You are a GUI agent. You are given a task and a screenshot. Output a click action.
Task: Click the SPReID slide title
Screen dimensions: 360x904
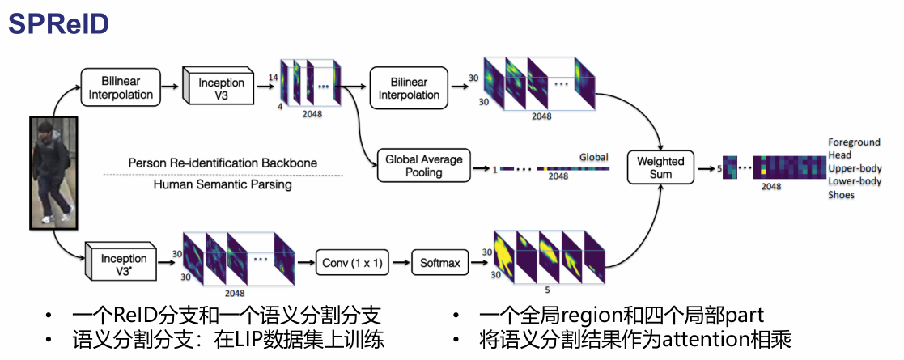coord(59,24)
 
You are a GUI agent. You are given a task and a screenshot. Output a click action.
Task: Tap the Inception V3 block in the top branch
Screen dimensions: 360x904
coord(220,89)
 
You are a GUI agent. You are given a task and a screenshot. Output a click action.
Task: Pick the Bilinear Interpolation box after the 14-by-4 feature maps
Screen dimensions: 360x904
coord(409,88)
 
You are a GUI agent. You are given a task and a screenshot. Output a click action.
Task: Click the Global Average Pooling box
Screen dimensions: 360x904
coord(423,166)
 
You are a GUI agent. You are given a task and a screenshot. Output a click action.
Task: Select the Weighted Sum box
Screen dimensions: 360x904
coord(660,167)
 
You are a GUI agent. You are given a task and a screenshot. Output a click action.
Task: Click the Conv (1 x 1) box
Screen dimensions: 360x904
coord(354,262)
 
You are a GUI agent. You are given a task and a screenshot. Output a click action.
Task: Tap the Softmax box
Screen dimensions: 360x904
coord(439,262)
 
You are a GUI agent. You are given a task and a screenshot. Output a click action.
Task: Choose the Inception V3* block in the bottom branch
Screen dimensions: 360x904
coord(123,265)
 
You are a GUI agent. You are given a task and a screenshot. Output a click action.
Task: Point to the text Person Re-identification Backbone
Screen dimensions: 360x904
coord(223,163)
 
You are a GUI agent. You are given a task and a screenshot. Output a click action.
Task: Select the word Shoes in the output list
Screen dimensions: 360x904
coord(841,195)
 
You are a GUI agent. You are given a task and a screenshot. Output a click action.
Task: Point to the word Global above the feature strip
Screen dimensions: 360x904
coord(593,157)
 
